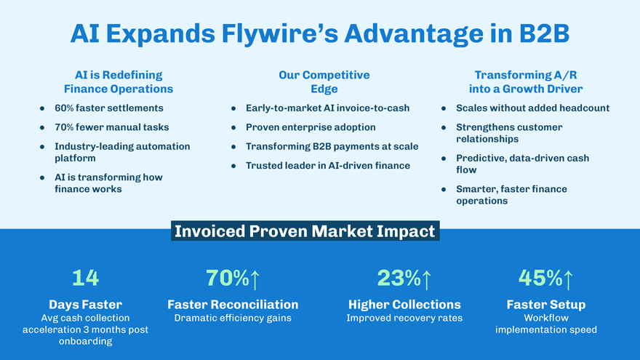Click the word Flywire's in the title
pos(280,34)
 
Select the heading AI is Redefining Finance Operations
pos(119,81)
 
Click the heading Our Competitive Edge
pos(324,81)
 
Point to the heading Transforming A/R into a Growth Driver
pos(526,81)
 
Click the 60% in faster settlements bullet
pos(64,108)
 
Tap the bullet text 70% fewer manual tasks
pos(112,127)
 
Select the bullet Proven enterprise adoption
pos(311,127)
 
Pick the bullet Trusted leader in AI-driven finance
pos(328,166)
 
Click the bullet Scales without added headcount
pos(532,108)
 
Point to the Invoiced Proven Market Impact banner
pos(305,231)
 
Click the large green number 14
pos(85,278)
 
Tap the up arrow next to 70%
pos(255,279)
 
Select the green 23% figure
pos(399,278)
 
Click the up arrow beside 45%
pos(568,279)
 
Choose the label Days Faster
pos(85,305)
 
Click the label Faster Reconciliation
pos(233,305)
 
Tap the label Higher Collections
pos(404,305)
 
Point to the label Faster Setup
pos(546,305)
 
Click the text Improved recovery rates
pos(404,318)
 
